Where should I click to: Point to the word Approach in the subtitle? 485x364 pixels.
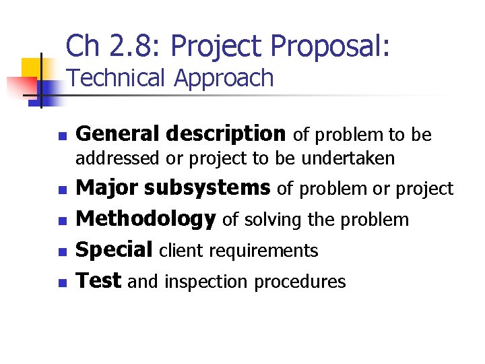click(224, 78)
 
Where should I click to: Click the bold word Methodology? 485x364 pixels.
click(145, 219)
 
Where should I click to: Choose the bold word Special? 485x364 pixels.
click(115, 250)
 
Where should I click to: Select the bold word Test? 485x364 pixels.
click(98, 280)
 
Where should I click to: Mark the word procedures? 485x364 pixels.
click(300, 282)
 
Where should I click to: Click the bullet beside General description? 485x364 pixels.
click(62, 136)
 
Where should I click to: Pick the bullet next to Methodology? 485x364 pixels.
click(62, 221)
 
